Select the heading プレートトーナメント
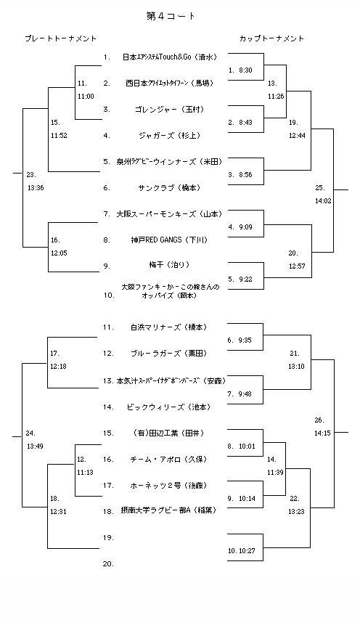coord(60,38)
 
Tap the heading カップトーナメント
coord(271,38)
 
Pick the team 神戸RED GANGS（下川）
coord(168,240)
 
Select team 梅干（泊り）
coord(168,265)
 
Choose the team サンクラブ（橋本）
coord(168,187)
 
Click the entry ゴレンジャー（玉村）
coord(168,109)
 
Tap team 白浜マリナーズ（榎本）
coord(168,327)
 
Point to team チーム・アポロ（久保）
coord(168,459)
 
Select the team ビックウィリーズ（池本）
coord(168,407)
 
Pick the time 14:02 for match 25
coord(324,200)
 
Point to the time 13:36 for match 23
coord(35,187)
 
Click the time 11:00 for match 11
coord(86,96)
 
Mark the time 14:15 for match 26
coord(324,433)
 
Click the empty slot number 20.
coord(108,563)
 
